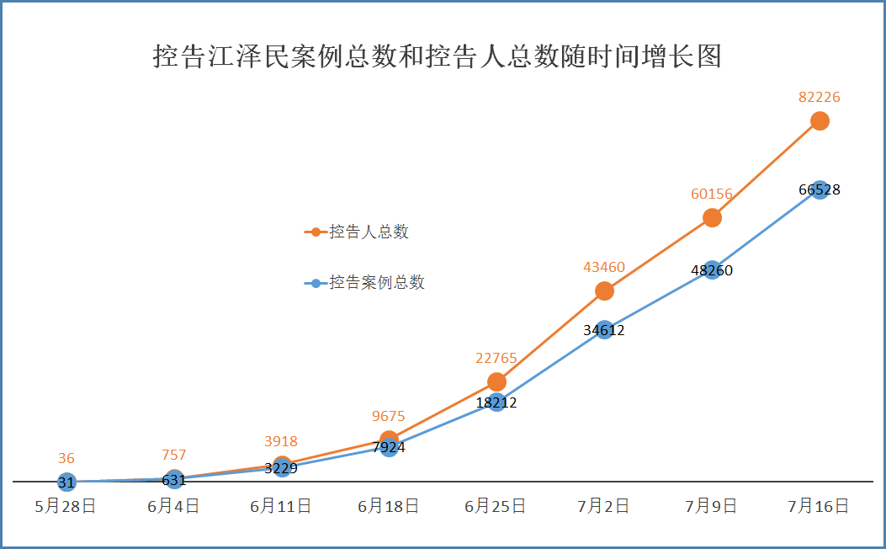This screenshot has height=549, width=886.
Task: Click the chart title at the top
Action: pos(437,56)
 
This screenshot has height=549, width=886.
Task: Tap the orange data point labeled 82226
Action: pos(820,121)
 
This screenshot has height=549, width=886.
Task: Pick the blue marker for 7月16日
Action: pos(820,189)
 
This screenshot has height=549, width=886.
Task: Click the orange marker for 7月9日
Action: pos(712,217)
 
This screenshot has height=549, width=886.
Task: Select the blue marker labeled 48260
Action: pos(712,270)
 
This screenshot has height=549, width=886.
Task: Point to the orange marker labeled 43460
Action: pos(604,291)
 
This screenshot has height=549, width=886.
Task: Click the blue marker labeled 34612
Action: pos(604,329)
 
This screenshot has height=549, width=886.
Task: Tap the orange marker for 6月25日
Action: pos(496,382)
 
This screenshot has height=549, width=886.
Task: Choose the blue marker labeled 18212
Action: pos(496,402)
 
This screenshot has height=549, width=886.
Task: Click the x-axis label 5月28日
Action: pos(66,507)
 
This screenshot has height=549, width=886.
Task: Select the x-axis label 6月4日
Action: pos(173,507)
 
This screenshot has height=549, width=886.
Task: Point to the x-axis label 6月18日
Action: pos(389,507)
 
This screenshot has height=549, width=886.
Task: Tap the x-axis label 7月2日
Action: pos(604,507)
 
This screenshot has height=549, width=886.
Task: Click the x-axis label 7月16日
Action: pos(819,507)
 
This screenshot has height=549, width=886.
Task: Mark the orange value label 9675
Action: pos(389,416)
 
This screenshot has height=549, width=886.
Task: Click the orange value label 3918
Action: pos(281,441)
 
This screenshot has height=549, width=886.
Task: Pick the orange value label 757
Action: pos(173,456)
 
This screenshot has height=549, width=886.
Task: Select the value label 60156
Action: pos(712,195)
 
